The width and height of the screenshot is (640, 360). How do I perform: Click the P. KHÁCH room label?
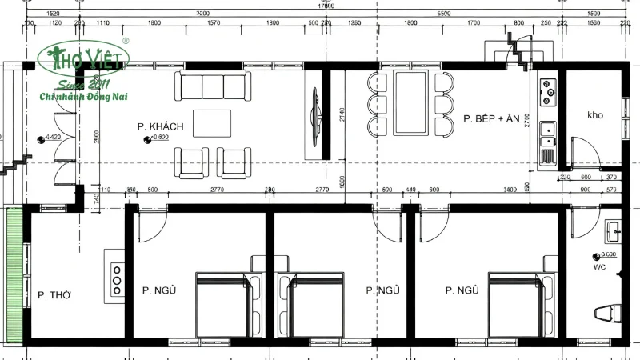[x=161, y=126]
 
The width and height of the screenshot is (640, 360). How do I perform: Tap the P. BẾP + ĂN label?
[x=491, y=119]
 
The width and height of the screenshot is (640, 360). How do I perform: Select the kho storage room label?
[x=595, y=115]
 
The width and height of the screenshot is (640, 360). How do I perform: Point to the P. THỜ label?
[x=54, y=295]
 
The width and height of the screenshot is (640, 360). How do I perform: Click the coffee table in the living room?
[x=211, y=123]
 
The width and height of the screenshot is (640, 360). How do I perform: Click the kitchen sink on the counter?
[x=548, y=129]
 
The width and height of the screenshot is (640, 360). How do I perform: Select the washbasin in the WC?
[x=614, y=232]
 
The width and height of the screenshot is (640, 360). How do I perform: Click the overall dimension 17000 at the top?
[x=326, y=5]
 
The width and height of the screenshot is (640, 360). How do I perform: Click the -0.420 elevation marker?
[x=50, y=138]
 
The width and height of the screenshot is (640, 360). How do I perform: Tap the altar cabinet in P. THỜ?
[x=114, y=276]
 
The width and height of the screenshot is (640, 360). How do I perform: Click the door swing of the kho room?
[x=582, y=152]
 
